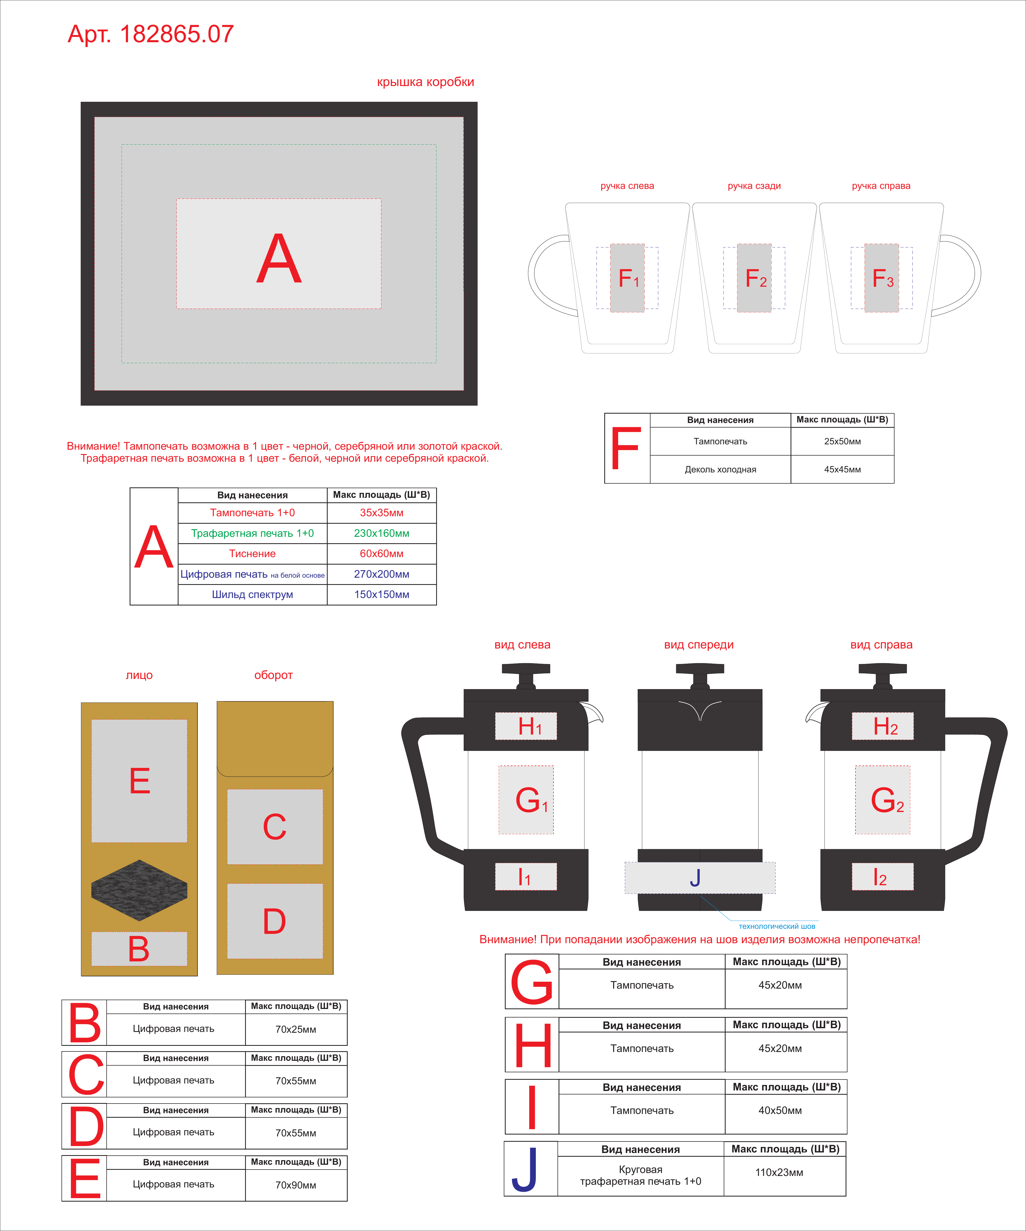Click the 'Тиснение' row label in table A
click(252, 553)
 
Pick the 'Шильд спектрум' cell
click(252, 595)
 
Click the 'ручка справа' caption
click(881, 186)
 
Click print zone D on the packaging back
click(275, 921)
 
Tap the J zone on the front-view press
click(700, 877)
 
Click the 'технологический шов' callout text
click(777, 926)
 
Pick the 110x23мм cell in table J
click(779, 1172)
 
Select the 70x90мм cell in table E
click(296, 1185)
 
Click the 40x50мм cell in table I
click(780, 1110)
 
